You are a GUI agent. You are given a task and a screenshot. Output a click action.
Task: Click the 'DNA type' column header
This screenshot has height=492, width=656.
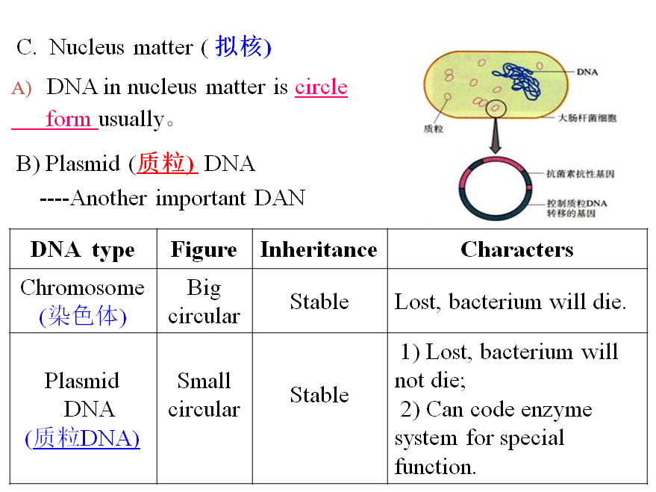82,249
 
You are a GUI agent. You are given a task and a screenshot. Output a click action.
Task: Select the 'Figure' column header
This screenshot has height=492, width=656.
204,249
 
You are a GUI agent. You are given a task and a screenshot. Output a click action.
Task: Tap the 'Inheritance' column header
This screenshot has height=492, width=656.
319,249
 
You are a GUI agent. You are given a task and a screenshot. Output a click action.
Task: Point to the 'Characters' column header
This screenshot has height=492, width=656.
516,249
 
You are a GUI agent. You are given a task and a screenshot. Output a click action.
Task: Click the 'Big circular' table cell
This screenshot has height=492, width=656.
204,302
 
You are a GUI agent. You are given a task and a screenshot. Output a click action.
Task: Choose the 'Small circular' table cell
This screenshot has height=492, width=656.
204,395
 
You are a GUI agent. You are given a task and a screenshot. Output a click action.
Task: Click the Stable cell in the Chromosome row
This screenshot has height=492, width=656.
319,302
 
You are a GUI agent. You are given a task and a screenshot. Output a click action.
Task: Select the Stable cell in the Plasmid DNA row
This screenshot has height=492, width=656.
319,395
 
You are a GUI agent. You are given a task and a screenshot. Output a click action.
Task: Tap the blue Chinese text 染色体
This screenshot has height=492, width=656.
83,317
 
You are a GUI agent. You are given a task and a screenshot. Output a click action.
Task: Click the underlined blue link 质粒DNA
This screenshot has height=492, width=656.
82,438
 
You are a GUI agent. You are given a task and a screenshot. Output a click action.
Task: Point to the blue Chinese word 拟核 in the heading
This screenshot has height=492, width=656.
240,47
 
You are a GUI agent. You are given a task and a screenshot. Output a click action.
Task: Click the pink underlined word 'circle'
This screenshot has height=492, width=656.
321,87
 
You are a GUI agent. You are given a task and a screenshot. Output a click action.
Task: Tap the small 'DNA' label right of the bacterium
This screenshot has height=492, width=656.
587,72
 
